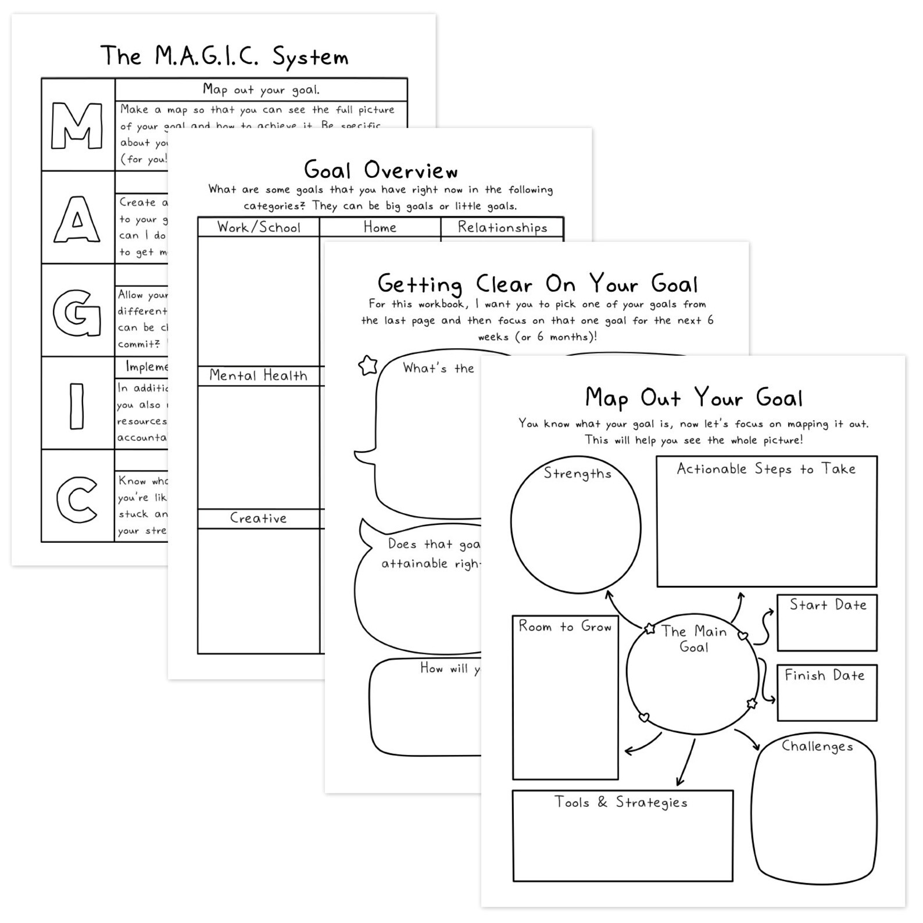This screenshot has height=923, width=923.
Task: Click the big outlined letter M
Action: click(x=77, y=125)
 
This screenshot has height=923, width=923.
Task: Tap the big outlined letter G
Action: click(x=77, y=313)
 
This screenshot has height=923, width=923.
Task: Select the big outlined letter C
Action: click(x=77, y=499)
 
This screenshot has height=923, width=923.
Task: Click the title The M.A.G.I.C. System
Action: click(x=224, y=56)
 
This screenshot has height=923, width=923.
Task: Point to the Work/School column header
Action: click(x=259, y=227)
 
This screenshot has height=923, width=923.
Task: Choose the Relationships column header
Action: click(x=502, y=227)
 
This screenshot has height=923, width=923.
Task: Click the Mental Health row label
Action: click(x=258, y=375)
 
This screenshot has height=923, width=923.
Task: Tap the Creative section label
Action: click(x=258, y=518)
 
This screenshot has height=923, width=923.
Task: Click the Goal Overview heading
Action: click(x=381, y=170)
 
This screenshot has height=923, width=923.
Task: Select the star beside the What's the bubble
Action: click(x=368, y=366)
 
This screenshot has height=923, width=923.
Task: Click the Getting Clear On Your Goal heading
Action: click(x=537, y=284)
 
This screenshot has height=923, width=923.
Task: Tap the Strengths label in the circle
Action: click(x=577, y=473)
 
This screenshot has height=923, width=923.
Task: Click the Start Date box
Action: click(x=827, y=623)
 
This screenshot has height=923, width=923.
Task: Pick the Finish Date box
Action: click(x=827, y=692)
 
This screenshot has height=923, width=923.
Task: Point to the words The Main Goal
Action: click(x=693, y=639)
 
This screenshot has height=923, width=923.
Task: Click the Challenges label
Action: click(x=817, y=746)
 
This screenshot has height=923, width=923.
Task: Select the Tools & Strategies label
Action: click(x=621, y=802)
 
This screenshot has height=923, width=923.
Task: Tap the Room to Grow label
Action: click(x=565, y=626)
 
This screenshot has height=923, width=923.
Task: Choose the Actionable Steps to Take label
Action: click(x=766, y=468)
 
